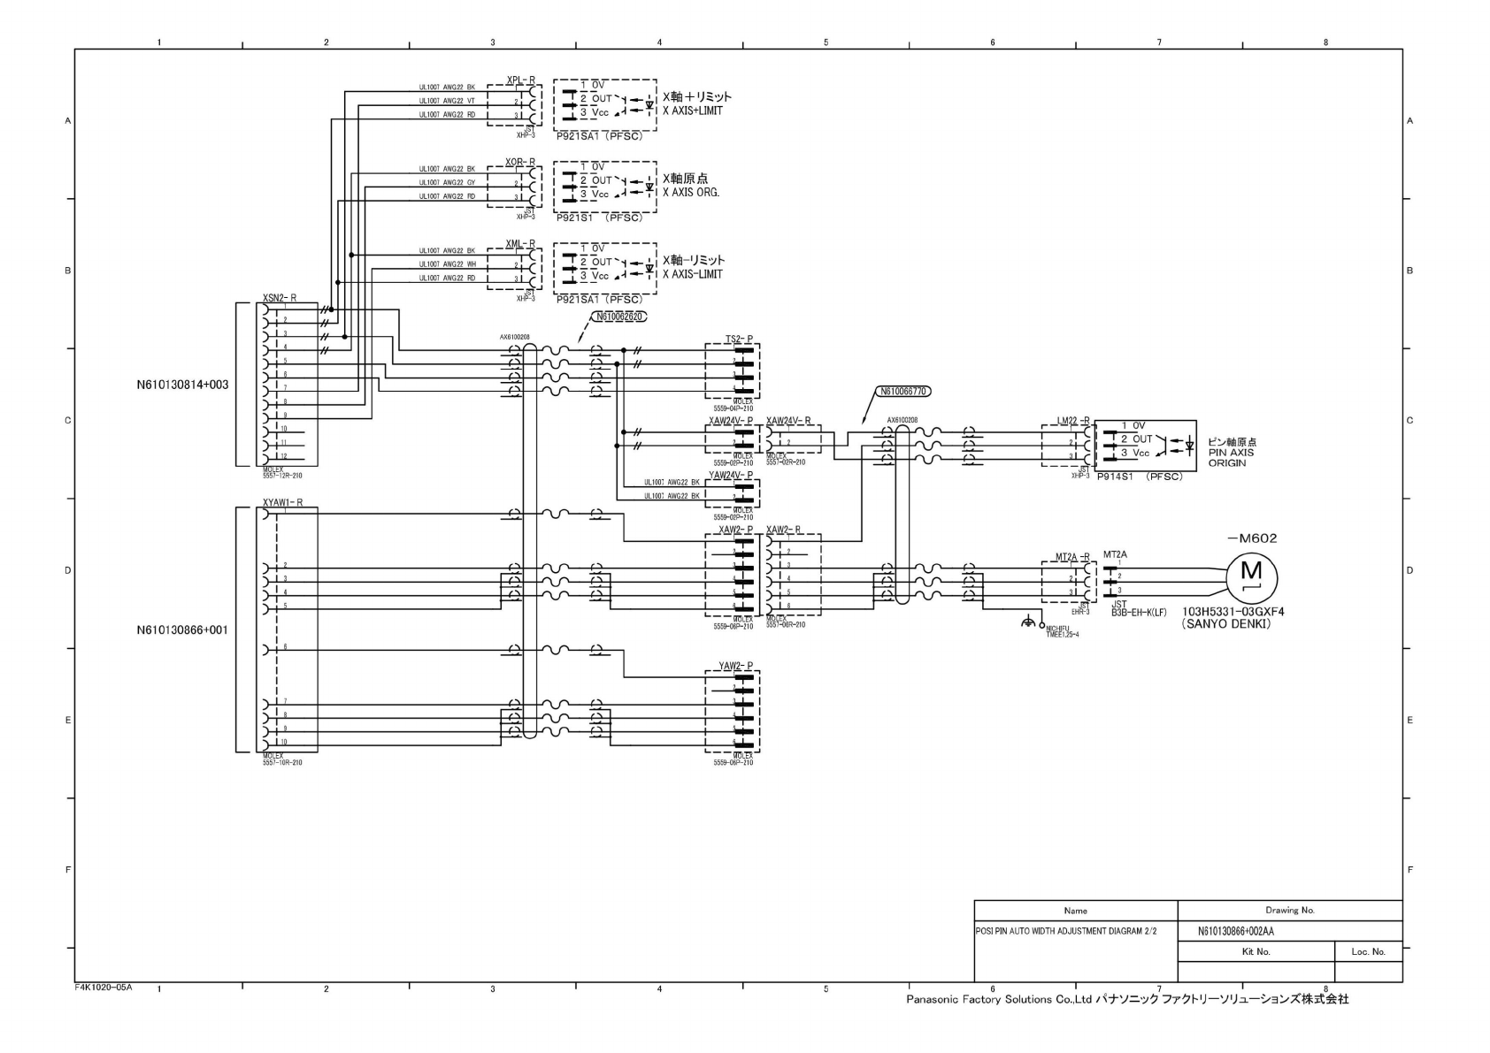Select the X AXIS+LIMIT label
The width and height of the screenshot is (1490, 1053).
[692, 111]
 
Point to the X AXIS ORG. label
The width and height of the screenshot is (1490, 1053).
[690, 193]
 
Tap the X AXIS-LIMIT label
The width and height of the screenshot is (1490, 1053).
[692, 274]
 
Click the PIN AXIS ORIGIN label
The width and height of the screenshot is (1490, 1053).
[1231, 453]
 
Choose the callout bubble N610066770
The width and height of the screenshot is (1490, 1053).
[904, 390]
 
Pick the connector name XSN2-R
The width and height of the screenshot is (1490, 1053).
[280, 298]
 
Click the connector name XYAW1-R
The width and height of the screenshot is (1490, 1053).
[282, 502]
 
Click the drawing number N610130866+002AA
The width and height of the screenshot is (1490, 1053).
[1235, 932]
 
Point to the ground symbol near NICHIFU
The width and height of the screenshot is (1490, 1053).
[1027, 623]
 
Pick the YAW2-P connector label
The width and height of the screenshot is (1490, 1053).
[735, 666]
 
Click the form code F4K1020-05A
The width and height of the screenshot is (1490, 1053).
[103, 988]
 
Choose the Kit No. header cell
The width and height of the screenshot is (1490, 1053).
[1256, 951]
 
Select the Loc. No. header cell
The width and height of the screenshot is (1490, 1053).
[1368, 951]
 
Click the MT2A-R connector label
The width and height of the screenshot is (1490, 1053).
[1071, 557]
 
